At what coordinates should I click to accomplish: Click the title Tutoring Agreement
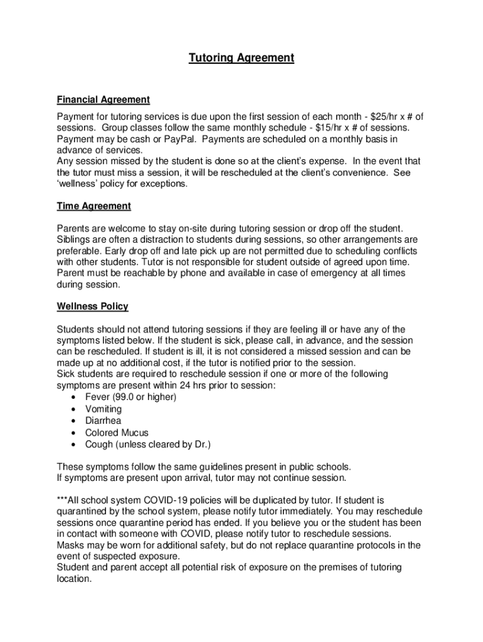point(242,58)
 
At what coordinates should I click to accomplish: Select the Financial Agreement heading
point(103,100)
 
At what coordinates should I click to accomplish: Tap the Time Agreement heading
point(94,206)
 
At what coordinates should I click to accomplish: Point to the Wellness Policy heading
point(93,307)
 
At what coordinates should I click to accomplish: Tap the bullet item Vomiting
point(104,409)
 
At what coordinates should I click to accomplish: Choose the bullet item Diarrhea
point(103,421)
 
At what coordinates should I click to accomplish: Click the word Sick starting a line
point(66,374)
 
